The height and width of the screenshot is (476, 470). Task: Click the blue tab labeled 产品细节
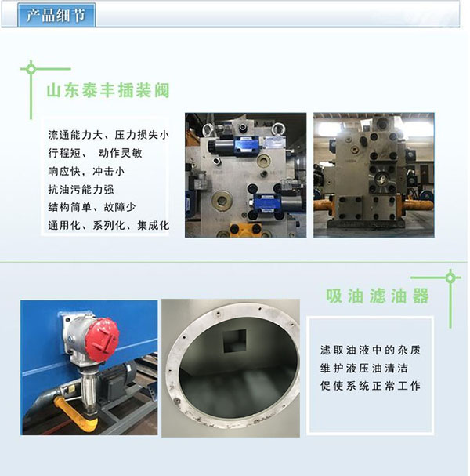[56, 15]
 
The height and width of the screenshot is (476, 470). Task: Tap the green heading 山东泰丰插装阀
[108, 90]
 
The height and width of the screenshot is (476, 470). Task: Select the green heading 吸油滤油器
[378, 296]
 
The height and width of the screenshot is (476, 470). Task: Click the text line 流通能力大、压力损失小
[108, 135]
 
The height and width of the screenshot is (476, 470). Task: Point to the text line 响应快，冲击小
[86, 171]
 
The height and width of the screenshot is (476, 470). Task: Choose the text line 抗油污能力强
[81, 190]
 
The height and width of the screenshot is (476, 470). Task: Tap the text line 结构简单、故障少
[92, 207]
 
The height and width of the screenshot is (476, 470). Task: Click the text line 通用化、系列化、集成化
[108, 225]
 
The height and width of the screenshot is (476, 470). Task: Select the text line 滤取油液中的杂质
[371, 350]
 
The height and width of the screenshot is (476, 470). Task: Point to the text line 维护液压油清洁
[364, 369]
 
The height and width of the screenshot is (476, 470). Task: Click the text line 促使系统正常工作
[371, 386]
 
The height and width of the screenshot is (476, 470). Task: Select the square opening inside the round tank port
[235, 342]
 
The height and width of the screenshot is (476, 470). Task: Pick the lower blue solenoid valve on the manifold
[267, 203]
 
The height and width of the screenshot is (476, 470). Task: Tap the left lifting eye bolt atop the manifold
[208, 129]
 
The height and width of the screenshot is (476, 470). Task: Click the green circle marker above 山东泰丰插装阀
[31, 69]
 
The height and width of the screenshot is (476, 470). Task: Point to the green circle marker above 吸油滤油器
[450, 278]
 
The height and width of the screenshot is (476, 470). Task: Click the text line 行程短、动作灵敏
[95, 153]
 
